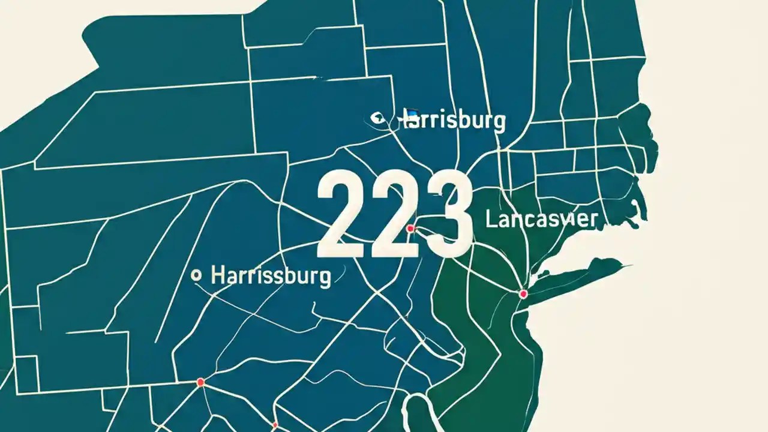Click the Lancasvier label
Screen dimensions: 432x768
click(541, 219)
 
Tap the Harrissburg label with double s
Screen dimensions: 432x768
click(271, 276)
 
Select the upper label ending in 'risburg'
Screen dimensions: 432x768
click(455, 120)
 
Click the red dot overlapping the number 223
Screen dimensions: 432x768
click(410, 229)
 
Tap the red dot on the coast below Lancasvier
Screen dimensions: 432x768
click(523, 293)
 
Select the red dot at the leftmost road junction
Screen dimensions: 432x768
click(200, 382)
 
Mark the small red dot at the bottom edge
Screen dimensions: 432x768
click(275, 425)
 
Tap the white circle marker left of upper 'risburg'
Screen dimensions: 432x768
click(377, 118)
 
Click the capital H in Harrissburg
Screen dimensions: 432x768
click(218, 275)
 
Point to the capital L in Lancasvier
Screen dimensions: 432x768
click(490, 219)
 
